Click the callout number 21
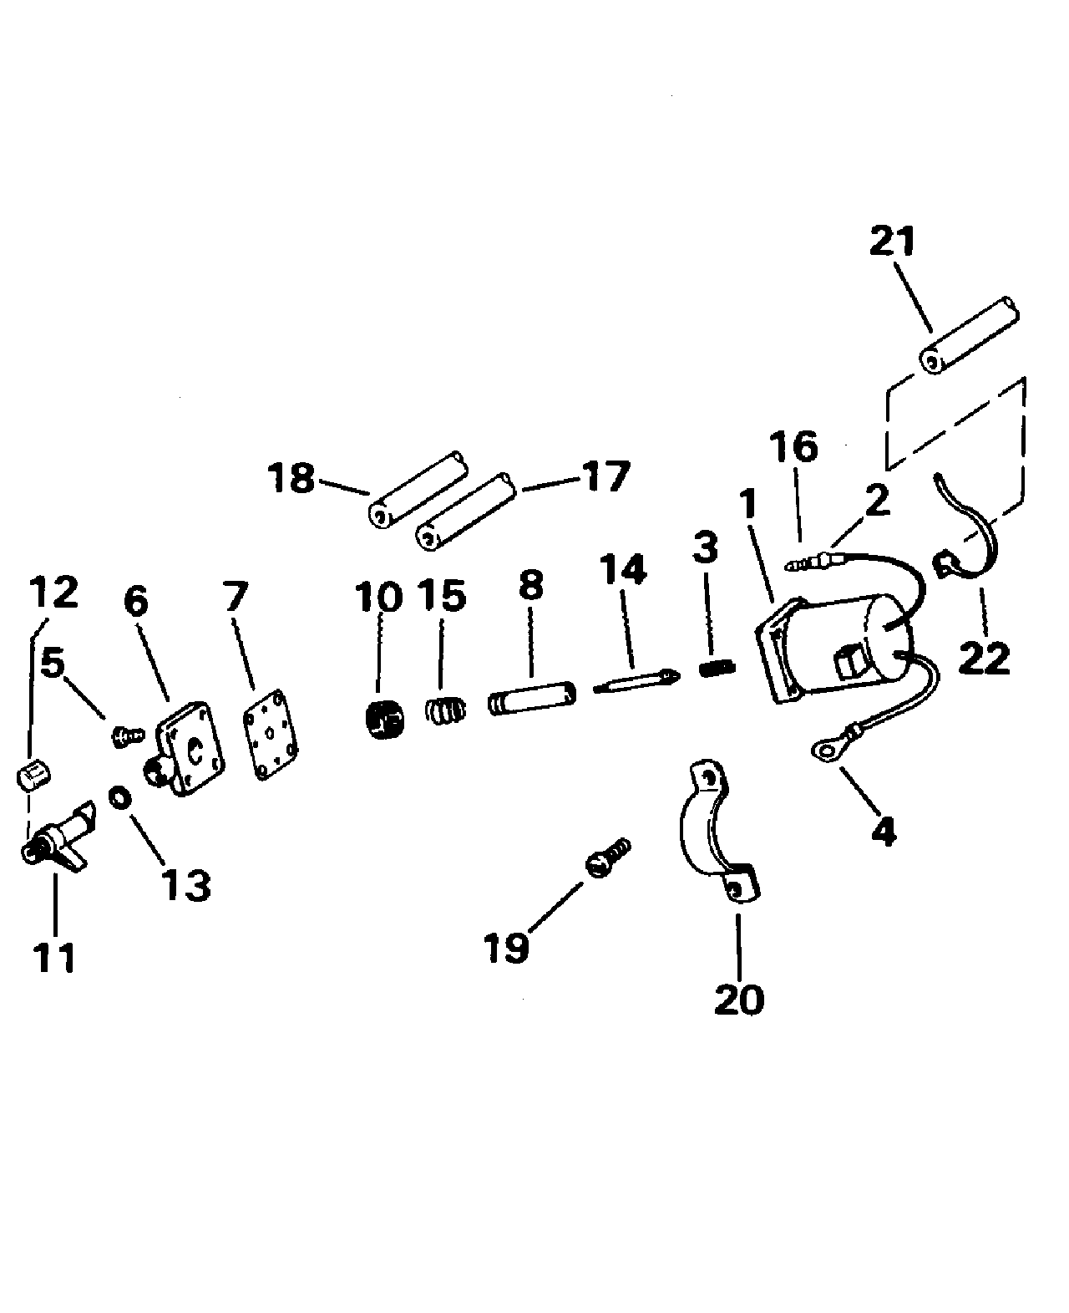892,241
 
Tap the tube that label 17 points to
465,511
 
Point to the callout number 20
739,1000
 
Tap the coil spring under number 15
445,710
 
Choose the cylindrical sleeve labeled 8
531,696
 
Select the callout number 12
54,591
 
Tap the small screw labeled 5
127,735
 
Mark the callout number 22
984,659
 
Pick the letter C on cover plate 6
195,751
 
